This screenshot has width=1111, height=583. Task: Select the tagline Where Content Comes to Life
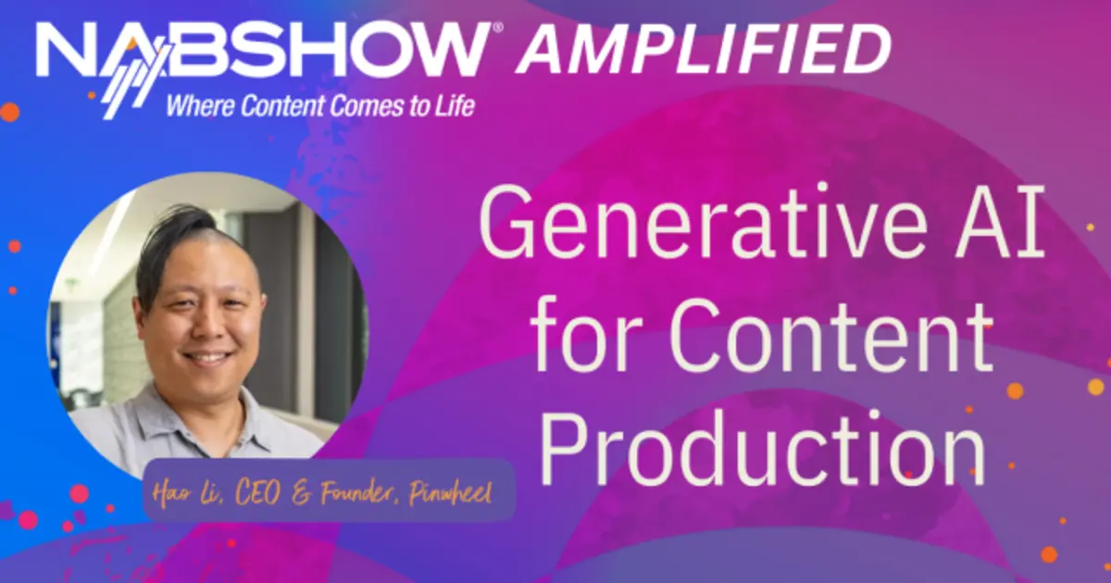tap(320, 105)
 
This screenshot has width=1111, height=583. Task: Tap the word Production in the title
tap(763, 446)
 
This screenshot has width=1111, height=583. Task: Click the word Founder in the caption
tap(358, 492)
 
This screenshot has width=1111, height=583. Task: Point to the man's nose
tap(209, 326)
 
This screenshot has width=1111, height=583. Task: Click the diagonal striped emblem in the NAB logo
tap(134, 81)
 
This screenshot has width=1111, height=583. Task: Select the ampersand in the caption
tap(301, 494)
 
